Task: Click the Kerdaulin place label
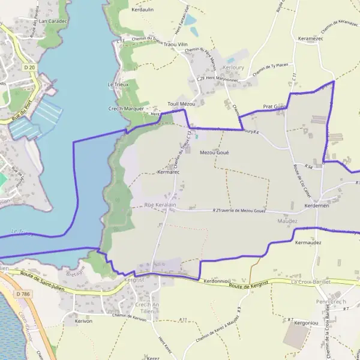point(143,10)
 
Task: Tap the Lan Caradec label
point(52,20)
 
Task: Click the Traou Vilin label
point(176,44)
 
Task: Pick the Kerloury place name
point(233,68)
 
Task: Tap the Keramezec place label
point(310,38)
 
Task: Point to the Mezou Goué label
point(214,152)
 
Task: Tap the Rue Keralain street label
point(160,205)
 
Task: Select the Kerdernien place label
point(317,205)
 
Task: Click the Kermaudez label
point(309,242)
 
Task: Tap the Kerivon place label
point(83,322)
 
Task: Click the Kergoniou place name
point(306,323)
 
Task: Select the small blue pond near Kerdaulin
point(190,20)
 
